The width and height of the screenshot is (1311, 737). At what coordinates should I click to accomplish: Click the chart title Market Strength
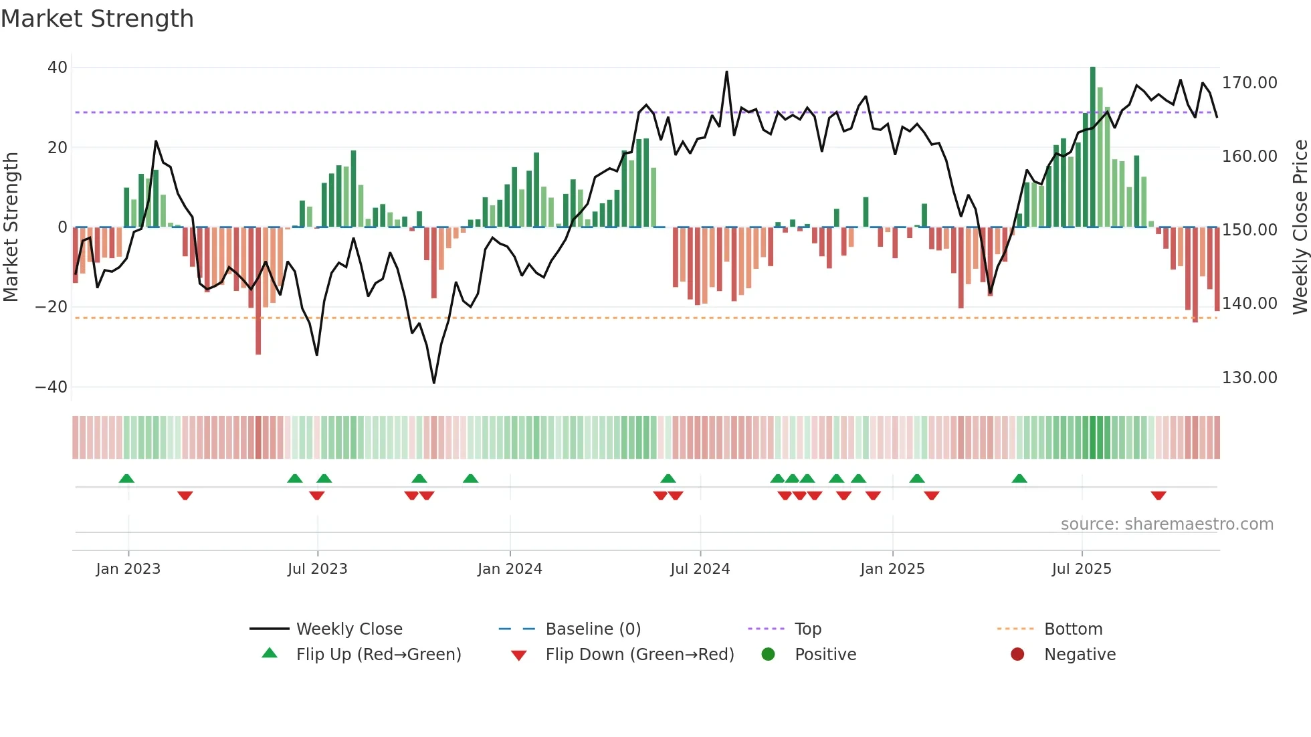97,19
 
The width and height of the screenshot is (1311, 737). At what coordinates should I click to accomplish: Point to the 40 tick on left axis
58,68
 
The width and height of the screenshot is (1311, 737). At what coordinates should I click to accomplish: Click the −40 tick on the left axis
52,387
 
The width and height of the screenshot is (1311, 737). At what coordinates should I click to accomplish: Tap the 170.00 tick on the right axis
1249,83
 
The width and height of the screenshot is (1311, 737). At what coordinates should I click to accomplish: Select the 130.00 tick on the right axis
1249,378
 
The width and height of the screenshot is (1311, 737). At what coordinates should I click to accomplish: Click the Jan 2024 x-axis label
510,569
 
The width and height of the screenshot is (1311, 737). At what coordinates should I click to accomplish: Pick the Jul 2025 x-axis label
1081,569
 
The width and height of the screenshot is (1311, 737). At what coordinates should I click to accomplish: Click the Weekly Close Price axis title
1300,227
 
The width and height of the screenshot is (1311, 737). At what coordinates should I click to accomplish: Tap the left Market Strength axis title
11,227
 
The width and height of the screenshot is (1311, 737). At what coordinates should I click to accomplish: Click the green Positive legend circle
768,655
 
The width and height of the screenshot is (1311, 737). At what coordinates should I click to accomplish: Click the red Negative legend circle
1017,655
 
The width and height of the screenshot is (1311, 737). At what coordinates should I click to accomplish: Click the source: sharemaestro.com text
1167,524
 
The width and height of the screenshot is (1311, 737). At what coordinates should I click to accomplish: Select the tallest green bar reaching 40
1092,147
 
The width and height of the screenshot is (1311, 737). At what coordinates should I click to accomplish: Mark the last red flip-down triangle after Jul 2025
1158,496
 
